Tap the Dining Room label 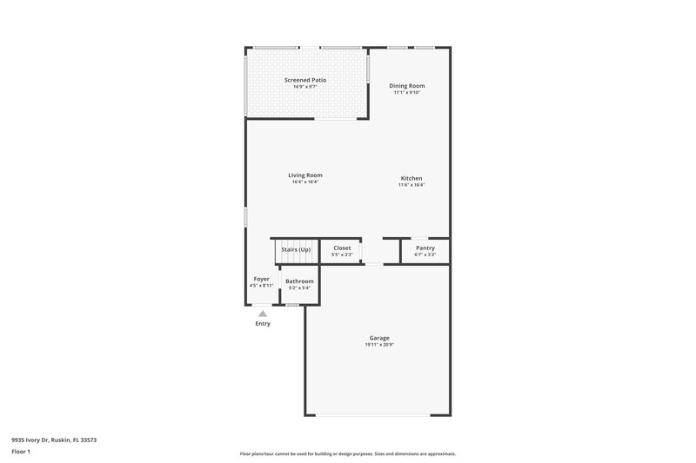tap(408, 86)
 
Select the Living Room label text tap(305, 175)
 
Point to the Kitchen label tap(412, 178)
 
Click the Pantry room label tap(425, 248)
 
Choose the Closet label tap(342, 248)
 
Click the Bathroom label tap(299, 281)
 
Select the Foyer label tap(261, 279)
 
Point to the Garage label tap(378, 338)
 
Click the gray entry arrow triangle tap(263, 314)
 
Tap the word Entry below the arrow tap(263, 324)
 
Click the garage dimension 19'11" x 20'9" tap(378, 345)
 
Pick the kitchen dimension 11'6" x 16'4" tap(412, 185)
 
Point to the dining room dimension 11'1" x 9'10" tap(408, 93)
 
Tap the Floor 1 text tap(22, 453)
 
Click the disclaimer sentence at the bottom tap(347, 453)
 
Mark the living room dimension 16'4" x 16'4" tap(305, 182)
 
